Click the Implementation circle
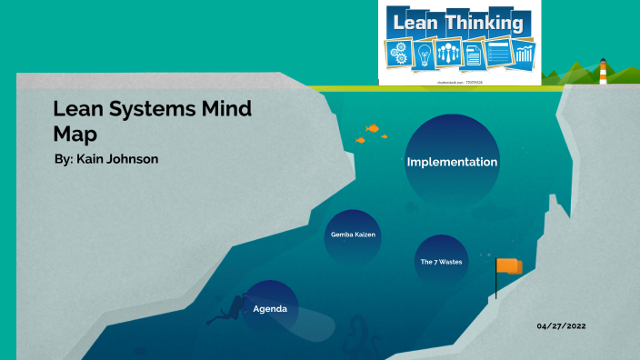point(452,162)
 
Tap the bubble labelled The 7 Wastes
point(441,261)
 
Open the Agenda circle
point(269,309)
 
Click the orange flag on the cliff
point(509,266)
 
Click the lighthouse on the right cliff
point(603,74)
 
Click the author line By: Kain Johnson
point(107,159)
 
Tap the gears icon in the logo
point(400,52)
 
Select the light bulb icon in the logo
point(424,54)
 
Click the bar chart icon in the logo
point(525,54)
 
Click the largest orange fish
point(372,128)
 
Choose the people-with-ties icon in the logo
point(449,54)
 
